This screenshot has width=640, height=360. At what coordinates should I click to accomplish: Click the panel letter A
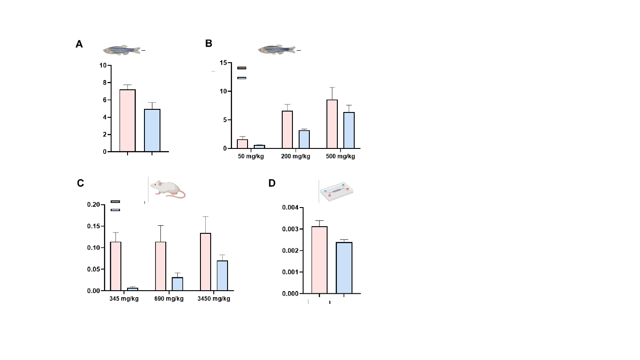79,44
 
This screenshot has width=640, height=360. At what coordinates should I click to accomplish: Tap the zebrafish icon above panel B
276,50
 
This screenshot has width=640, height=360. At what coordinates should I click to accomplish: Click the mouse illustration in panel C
167,188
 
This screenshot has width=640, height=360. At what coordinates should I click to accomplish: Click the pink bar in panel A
128,120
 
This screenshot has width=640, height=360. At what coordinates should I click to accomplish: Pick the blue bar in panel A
152,130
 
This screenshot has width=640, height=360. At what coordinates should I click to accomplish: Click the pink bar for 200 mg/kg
287,129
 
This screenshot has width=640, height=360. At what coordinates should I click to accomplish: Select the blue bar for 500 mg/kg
349,130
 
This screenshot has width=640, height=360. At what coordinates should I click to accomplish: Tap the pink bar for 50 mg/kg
242,144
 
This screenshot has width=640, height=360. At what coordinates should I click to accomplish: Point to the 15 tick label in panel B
223,63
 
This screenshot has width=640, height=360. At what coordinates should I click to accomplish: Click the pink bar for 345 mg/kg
116,266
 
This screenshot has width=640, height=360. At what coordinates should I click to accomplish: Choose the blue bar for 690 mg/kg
177,284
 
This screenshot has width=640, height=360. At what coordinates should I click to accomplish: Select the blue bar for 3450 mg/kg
222,276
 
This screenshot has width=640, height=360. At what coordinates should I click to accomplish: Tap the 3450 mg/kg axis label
214,299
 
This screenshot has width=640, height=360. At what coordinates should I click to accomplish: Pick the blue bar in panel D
344,268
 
